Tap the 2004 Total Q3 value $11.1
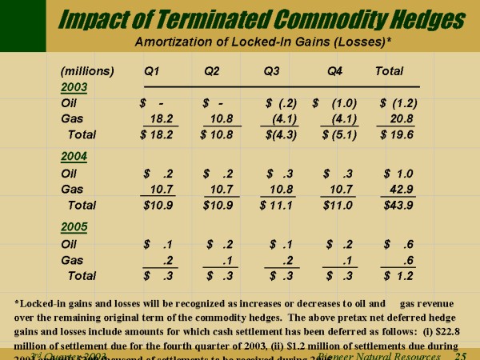pos(279,205)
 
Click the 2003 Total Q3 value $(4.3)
pos(280,134)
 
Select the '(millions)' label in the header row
pos(87,71)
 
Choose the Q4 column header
pos(335,71)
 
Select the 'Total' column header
pos(389,71)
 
